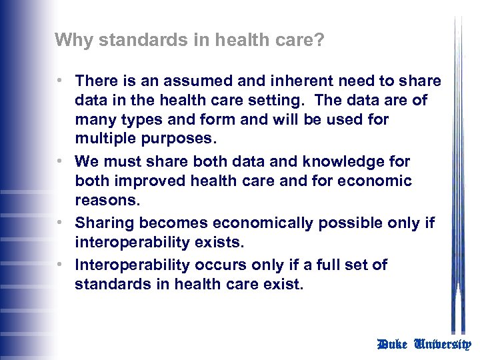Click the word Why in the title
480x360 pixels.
coord(69,40)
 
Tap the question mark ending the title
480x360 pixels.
coord(320,40)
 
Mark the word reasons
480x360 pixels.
coord(103,201)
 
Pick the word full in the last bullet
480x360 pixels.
coord(316,265)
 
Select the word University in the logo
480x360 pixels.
coord(443,344)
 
